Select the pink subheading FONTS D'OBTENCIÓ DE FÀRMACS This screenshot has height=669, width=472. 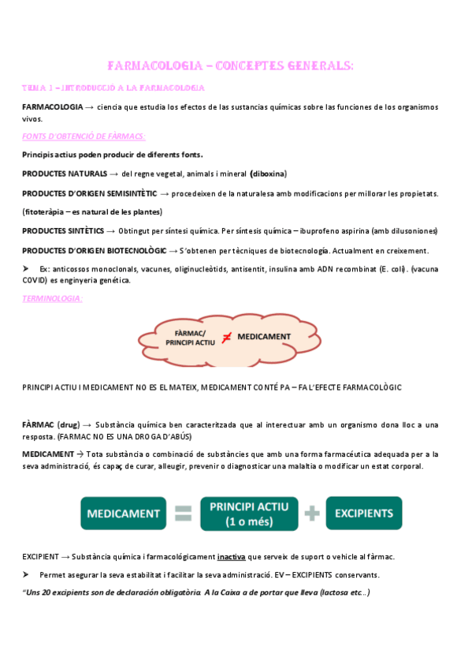pos(78,136)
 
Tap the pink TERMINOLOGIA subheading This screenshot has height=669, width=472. pos(52,298)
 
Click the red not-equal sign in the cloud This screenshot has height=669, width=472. pos(226,338)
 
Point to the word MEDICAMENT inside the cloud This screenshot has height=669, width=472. pos(264,337)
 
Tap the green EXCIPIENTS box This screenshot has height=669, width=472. pos(364,513)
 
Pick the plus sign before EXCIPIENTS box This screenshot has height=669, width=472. pos(312,514)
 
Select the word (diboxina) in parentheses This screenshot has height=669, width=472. pos(269,174)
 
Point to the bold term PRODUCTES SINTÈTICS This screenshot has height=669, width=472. pos(63,230)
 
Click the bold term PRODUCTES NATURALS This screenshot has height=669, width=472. pos(65,174)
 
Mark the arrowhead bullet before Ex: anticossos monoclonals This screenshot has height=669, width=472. pos(27,269)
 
